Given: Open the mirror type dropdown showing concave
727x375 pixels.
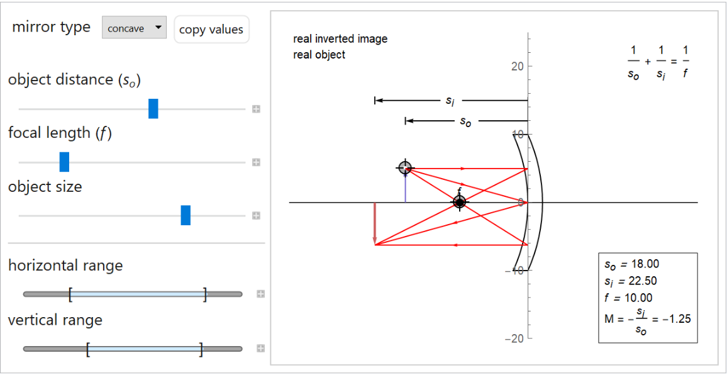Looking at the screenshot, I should click(134, 28).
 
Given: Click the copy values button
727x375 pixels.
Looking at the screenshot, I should click(211, 30).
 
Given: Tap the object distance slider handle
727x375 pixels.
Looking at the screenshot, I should click(153, 109).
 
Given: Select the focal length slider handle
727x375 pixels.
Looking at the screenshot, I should click(64, 162).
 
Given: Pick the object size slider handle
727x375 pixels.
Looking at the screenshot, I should click(186, 215).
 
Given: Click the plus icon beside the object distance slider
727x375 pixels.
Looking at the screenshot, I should click(257, 109).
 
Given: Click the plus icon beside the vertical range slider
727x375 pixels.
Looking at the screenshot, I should click(260, 348).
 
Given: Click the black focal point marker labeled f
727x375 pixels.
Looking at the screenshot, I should click(459, 202).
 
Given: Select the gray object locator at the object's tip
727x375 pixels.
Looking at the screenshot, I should click(405, 167).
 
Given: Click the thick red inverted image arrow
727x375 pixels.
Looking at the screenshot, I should click(375, 223).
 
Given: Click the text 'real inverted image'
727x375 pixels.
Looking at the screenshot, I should click(340, 39).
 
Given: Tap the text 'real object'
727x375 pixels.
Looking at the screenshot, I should click(319, 55).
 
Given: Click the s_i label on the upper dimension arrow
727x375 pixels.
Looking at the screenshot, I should click(450, 100).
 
